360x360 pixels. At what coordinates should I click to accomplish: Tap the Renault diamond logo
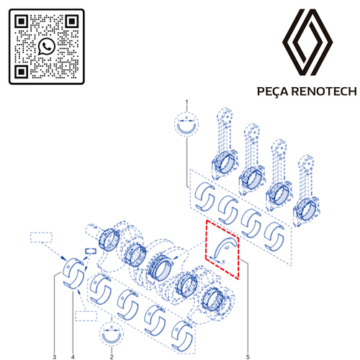(x=309, y=44)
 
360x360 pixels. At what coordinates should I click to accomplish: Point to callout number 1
(x=186, y=103)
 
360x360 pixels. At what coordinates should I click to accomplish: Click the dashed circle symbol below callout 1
(x=186, y=124)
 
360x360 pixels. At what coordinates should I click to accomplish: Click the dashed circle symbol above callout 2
(x=112, y=336)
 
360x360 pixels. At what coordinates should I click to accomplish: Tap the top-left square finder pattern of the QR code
(x=22, y=22)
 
